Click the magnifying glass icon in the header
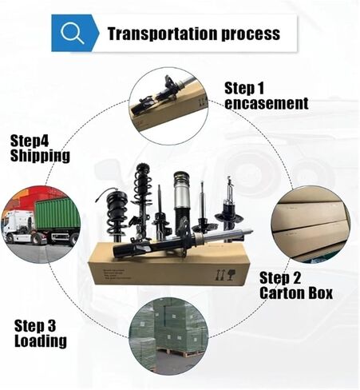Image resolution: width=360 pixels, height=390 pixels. (72, 33)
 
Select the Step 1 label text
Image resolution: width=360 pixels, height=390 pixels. (244, 88)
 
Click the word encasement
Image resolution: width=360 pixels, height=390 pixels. (267, 103)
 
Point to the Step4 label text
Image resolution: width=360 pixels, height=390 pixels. (30, 141)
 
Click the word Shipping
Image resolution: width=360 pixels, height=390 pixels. (40, 156)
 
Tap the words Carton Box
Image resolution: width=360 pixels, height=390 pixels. (296, 292)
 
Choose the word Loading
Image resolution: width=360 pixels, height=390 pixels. (41, 340)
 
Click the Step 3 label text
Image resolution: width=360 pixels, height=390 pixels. (35, 325)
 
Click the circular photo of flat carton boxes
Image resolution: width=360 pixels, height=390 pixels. (311, 225)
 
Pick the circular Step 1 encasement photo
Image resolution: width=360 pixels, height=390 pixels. (168, 106)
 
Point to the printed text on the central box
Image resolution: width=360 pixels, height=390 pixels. (117, 274)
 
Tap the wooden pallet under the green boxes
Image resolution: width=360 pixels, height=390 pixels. (181, 352)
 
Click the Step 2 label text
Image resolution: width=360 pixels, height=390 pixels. (280, 278)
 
